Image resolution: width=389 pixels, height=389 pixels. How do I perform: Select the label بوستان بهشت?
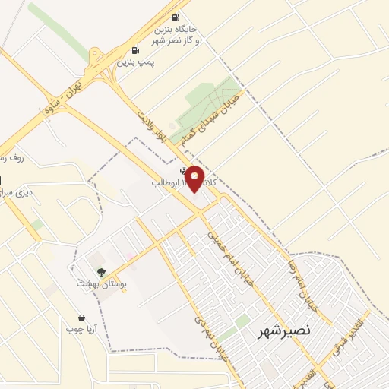101,283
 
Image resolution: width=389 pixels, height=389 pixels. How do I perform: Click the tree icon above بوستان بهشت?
101,272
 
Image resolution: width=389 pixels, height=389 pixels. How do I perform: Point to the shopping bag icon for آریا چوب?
81,318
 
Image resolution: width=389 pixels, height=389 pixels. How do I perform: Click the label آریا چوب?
81,330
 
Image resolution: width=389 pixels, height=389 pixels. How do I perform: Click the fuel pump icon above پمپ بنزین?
136,49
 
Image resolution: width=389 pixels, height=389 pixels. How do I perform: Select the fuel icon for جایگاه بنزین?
176,17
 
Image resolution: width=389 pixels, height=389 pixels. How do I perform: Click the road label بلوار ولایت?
151,128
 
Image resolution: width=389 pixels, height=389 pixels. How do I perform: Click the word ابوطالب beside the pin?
166,183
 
